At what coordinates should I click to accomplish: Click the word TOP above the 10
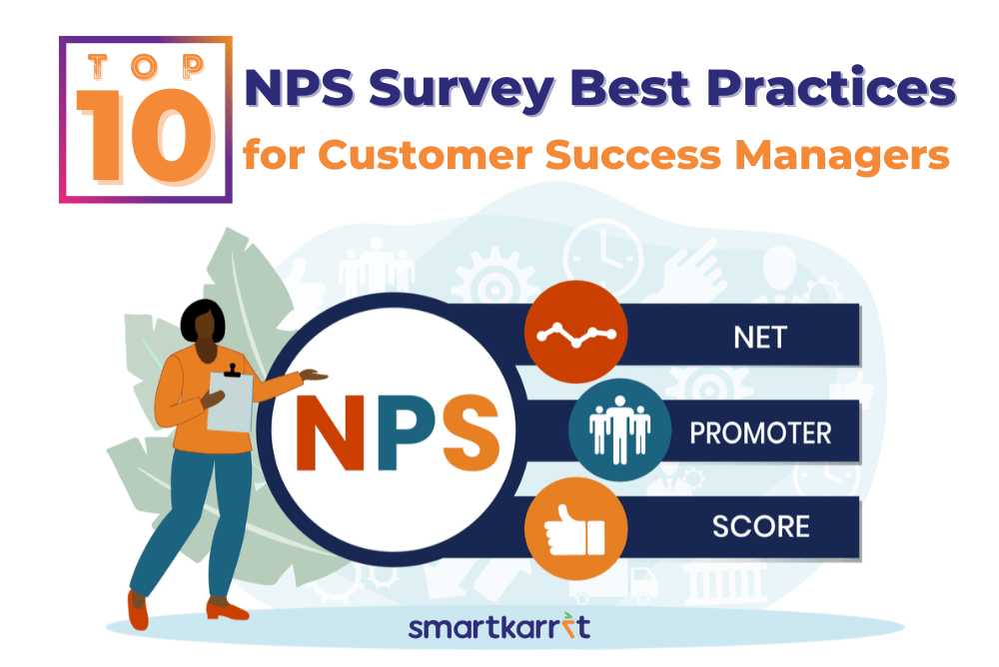(146, 66)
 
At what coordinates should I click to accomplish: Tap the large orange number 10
(145, 136)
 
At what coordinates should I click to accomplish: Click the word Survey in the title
(462, 89)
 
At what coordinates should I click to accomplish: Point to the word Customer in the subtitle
(425, 155)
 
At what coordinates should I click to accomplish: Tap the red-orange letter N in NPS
(330, 433)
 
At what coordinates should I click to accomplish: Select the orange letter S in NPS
(471, 433)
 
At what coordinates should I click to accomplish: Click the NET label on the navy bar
(760, 337)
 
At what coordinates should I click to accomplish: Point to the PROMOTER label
(760, 434)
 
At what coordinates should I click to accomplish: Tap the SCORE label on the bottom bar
(760, 527)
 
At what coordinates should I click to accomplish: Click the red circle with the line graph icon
(576, 332)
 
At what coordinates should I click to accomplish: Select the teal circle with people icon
(620, 430)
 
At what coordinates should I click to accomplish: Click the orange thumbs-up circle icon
(576, 529)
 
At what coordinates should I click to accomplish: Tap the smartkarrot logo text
(499, 627)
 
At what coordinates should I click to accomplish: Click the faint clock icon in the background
(602, 259)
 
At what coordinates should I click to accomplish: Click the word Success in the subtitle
(633, 155)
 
